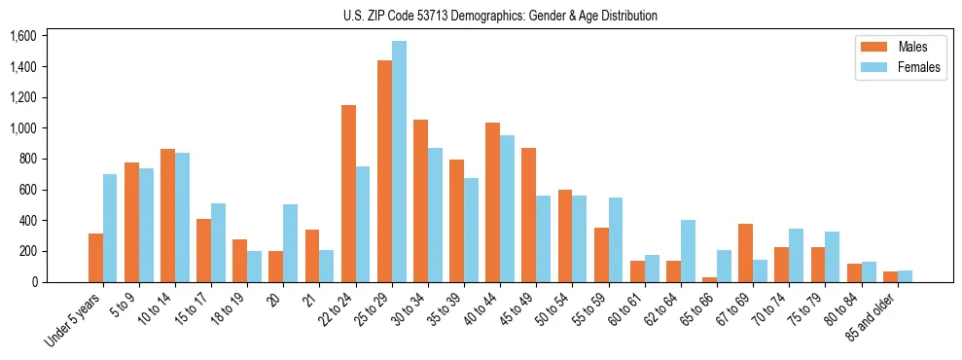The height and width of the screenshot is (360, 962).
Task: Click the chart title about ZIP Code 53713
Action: (500, 16)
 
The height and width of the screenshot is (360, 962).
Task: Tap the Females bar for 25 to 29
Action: (399, 162)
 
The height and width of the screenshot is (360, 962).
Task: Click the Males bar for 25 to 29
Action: (384, 171)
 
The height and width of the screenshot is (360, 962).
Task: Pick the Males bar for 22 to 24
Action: (348, 194)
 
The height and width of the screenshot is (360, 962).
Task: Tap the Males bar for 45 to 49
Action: (529, 215)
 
